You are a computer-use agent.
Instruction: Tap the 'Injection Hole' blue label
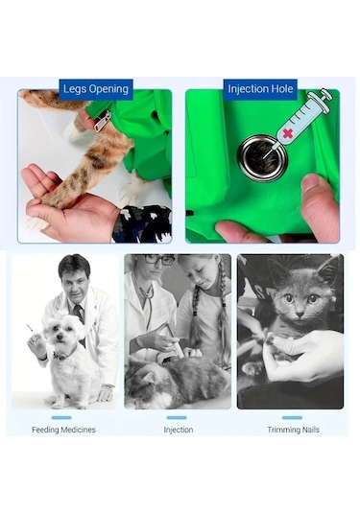pos(259,89)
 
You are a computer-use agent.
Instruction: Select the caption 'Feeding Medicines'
pos(63,430)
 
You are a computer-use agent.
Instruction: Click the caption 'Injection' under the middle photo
pos(178,430)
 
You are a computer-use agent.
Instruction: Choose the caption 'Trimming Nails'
pos(292,430)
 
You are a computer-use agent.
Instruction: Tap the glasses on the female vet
pos(159,261)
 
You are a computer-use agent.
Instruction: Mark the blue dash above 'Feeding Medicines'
pos(61,417)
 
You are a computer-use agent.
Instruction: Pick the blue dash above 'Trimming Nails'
pos(292,417)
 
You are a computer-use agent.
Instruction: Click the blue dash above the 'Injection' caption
pos(177,417)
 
